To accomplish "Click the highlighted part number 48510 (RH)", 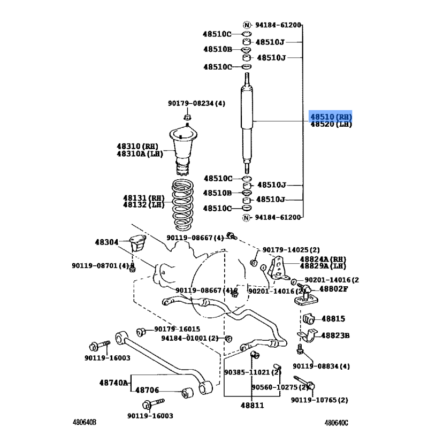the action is pos(331,117).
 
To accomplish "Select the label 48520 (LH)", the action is pos(331,124).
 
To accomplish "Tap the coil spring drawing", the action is pos(182,205).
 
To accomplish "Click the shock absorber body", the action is pos(247,123).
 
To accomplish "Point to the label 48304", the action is pos(106,242).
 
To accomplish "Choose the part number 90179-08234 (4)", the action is pos(196,103).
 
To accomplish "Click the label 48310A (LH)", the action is pos(140,154).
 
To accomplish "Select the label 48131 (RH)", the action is pos(143,197).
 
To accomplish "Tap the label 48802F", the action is pos(333,289).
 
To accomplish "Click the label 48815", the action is pos(333,319).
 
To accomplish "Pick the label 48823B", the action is pos(335,335).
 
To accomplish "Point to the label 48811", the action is pos(252,406).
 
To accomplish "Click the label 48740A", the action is pos(113,383).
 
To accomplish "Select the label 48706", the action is pos(147,390).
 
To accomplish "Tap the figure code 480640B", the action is pos(85,422).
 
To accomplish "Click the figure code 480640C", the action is pos(337,423).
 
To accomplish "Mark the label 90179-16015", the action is pos(177,329).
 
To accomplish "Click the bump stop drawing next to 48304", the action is pos(139,243).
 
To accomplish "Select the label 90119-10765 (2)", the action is pos(319,400).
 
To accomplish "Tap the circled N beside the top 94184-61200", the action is pos(247,25).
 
